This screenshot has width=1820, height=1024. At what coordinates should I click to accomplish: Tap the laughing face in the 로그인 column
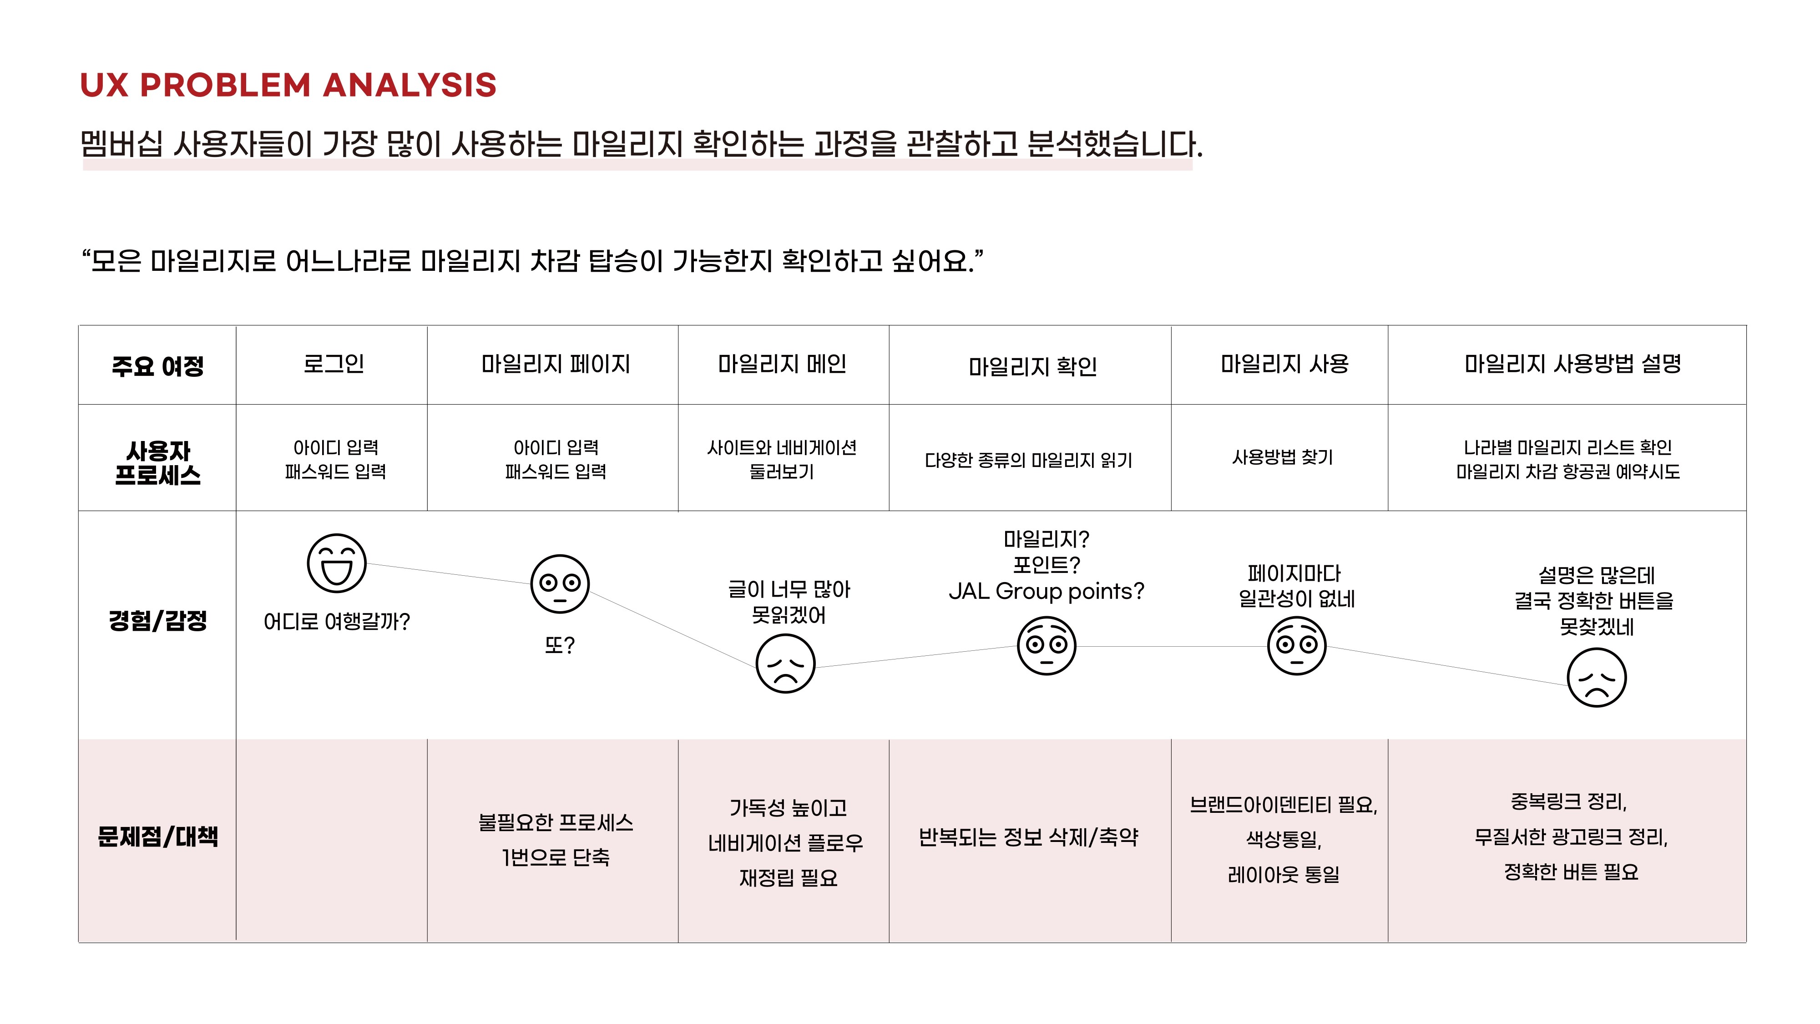336,563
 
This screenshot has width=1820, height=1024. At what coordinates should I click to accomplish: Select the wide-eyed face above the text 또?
560,584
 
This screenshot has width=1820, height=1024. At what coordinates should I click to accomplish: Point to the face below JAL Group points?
1046,645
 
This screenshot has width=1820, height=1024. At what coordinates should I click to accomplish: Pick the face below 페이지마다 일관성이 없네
1296,645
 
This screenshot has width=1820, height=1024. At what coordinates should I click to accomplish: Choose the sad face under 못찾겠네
1596,678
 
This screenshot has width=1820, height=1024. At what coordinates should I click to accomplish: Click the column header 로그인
334,364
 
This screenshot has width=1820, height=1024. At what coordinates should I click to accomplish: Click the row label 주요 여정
157,366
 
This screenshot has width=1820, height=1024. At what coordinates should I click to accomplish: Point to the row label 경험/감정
157,620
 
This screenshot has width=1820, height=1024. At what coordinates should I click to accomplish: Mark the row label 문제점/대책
157,837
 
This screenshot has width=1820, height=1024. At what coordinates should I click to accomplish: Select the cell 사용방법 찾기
1282,457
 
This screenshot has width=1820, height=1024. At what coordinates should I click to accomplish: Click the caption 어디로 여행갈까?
336,622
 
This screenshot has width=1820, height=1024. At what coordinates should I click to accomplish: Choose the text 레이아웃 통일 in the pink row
1283,875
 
